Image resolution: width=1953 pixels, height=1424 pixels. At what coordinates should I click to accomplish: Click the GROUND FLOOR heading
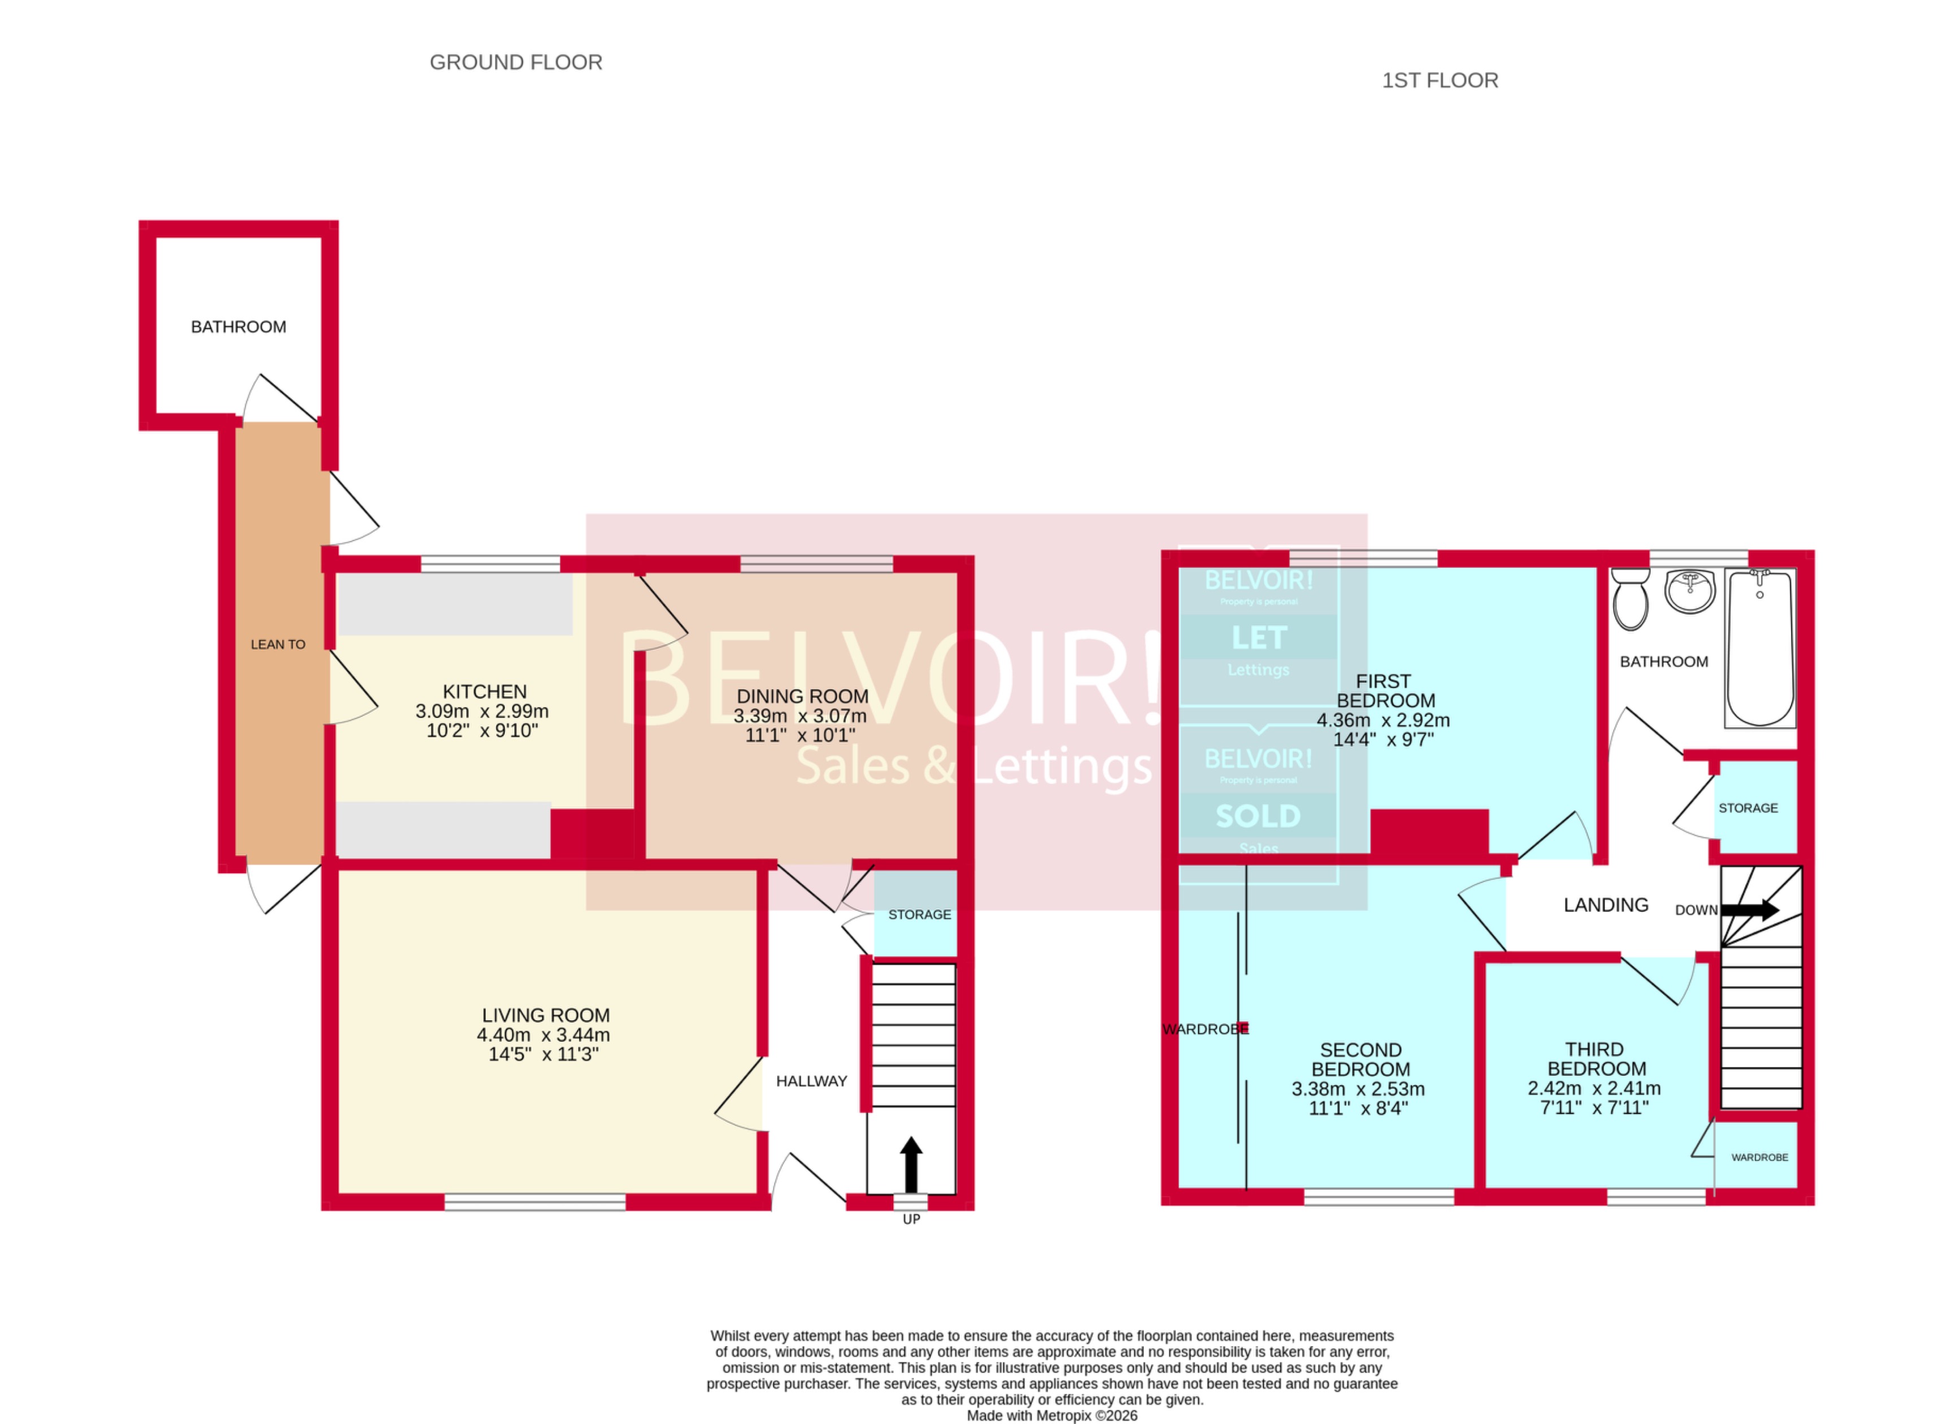[515, 62]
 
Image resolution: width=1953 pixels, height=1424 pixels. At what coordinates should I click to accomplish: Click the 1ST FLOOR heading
[1439, 80]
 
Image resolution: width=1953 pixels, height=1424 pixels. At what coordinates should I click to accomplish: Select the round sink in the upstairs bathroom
[1690, 591]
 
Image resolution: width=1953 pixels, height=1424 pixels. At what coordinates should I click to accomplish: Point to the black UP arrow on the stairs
[911, 1163]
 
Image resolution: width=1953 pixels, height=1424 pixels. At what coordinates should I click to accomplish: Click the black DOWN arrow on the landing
[1750, 909]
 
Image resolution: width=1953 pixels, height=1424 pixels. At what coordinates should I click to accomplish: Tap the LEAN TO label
[277, 644]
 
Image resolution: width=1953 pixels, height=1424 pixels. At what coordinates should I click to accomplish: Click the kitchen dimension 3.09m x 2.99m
[482, 711]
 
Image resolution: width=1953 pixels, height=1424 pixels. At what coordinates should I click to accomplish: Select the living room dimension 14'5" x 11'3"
[543, 1054]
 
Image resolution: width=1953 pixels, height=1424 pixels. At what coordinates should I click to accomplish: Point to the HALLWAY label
[811, 1081]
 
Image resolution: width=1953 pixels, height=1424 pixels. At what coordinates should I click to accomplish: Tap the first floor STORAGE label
[1748, 807]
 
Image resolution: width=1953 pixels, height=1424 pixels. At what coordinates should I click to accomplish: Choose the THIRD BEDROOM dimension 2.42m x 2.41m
[1594, 1088]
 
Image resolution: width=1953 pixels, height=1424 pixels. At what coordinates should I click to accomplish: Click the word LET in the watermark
[1258, 638]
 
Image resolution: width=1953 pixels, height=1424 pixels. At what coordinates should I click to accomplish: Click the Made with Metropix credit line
[1051, 1414]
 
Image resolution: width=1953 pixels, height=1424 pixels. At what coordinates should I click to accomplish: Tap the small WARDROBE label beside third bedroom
[1759, 1157]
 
